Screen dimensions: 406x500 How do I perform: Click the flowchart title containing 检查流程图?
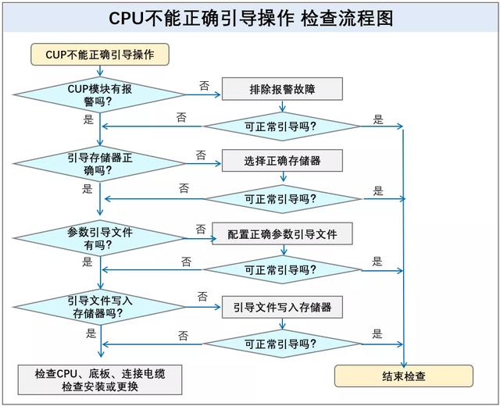tap(251, 17)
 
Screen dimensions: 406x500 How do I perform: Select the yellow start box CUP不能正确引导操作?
tap(99, 55)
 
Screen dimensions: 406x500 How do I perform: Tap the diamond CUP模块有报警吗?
tap(100, 95)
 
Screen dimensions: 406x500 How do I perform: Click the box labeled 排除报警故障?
tap(282, 88)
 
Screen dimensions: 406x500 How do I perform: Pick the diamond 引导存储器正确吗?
tap(100, 164)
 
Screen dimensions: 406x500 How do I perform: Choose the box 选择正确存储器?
tap(282, 161)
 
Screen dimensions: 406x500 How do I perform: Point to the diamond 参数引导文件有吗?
tap(100, 238)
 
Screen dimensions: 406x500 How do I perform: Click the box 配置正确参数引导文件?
tap(282, 233)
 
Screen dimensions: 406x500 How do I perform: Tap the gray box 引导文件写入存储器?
tap(282, 307)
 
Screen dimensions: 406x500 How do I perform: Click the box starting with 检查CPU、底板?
tap(99, 380)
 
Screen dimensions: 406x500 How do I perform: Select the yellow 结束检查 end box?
tap(404, 376)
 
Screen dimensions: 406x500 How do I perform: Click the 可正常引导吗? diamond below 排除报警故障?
tap(280, 126)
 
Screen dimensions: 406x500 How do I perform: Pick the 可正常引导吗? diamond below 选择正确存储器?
tap(280, 198)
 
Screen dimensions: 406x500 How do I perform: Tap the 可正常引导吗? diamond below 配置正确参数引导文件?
tap(280, 270)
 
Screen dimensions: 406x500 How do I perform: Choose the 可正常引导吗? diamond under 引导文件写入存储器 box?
tap(280, 344)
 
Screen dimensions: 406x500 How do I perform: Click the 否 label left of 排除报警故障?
tap(204, 85)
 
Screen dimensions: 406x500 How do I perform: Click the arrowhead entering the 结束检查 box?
tap(404, 362)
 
